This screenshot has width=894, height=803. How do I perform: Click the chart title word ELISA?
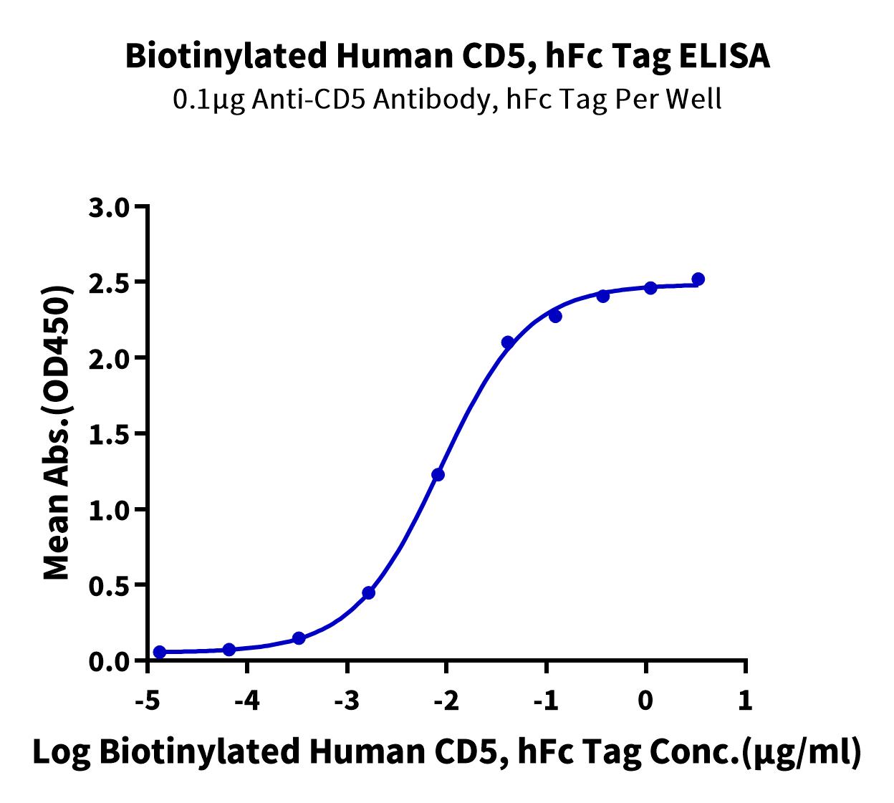tap(724, 56)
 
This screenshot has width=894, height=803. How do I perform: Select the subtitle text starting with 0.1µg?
tap(448, 100)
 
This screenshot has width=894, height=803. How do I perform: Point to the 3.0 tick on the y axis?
tap(141, 206)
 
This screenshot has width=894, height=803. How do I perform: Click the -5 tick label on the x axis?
tap(148, 700)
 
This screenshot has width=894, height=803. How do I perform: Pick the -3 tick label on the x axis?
tap(347, 700)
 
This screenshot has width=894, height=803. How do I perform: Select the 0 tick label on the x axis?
tap(645, 700)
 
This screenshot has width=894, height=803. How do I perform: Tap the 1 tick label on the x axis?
tap(745, 700)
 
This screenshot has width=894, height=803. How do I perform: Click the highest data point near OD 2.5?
tap(698, 279)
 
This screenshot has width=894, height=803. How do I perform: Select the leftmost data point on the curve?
tap(160, 652)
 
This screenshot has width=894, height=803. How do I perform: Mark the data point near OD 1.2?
tap(438, 475)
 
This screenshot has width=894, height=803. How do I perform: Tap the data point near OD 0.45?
tap(369, 593)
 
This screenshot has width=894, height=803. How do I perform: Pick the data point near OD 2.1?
tap(508, 342)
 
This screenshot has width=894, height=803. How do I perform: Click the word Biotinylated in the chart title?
tap(227, 57)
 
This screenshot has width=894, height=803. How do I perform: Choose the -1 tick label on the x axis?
tap(547, 700)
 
